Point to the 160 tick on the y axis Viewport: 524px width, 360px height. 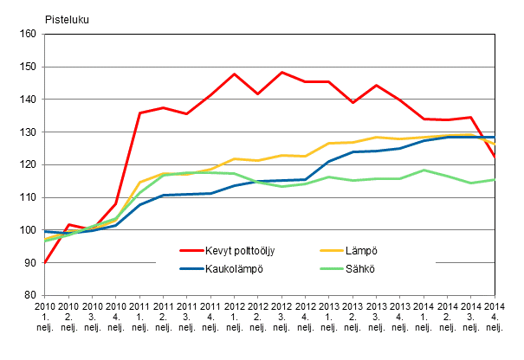25,35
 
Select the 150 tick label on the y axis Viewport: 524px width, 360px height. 25,67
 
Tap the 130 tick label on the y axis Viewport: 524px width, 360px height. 25,132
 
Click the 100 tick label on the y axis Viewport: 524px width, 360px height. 25,230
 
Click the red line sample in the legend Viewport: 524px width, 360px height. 196,251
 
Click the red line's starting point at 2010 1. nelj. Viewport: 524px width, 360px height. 44,262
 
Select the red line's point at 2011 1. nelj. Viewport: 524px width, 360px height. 139,113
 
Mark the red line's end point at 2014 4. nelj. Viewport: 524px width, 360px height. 495,157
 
